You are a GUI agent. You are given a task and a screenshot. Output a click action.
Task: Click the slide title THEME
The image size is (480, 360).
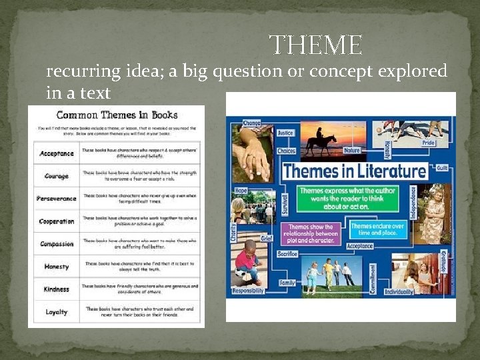pyautogui.click(x=316, y=45)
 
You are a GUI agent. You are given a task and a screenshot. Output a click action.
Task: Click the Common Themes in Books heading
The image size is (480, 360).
pyautogui.click(x=116, y=115)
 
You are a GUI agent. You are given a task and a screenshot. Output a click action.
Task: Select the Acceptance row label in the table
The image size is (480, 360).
pyautogui.click(x=57, y=153)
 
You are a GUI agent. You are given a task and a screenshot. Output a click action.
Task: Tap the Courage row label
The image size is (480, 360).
pyautogui.click(x=57, y=176)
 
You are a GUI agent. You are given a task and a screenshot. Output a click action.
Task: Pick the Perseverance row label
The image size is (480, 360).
pyautogui.click(x=57, y=199)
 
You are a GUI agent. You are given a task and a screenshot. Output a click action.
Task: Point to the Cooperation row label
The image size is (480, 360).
pyautogui.click(x=57, y=221)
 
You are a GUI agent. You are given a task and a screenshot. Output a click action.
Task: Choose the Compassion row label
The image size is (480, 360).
pyautogui.click(x=57, y=244)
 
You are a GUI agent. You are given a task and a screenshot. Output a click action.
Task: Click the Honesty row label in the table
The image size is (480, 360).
pyautogui.click(x=57, y=267)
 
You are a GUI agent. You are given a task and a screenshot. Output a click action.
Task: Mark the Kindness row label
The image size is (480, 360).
pyautogui.click(x=57, y=289)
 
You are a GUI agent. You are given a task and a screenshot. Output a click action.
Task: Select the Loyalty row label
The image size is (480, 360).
pyautogui.click(x=57, y=312)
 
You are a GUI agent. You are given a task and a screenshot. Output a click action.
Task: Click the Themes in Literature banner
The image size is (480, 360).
pyautogui.click(x=353, y=171)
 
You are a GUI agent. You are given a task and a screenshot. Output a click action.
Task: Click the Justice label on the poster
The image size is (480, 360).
pyautogui.click(x=285, y=133)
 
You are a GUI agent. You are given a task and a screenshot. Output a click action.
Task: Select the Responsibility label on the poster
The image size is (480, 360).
pyautogui.click(x=248, y=291)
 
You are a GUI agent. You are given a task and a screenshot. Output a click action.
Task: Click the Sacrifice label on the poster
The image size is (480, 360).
pyautogui.click(x=288, y=254)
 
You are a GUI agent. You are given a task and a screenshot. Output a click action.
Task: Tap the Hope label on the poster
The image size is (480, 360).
pyautogui.click(x=241, y=190)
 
